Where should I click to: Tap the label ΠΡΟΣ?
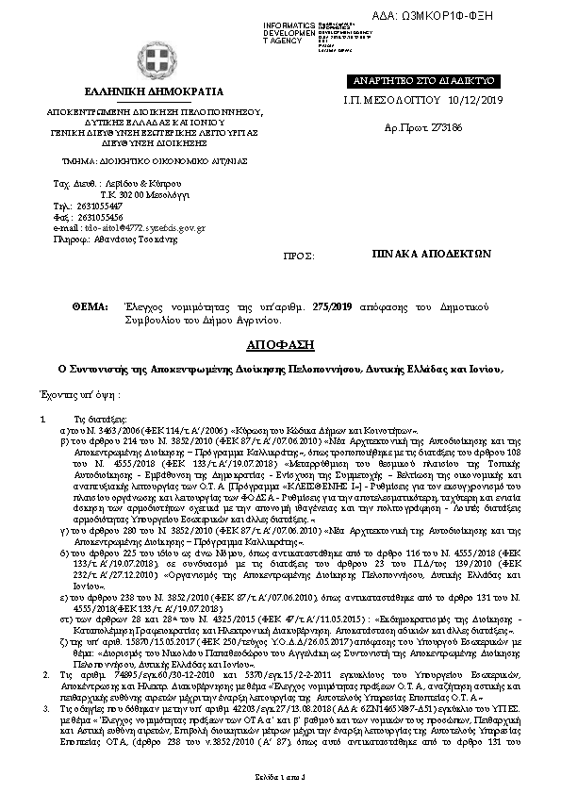pyautogui.click(x=298, y=256)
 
